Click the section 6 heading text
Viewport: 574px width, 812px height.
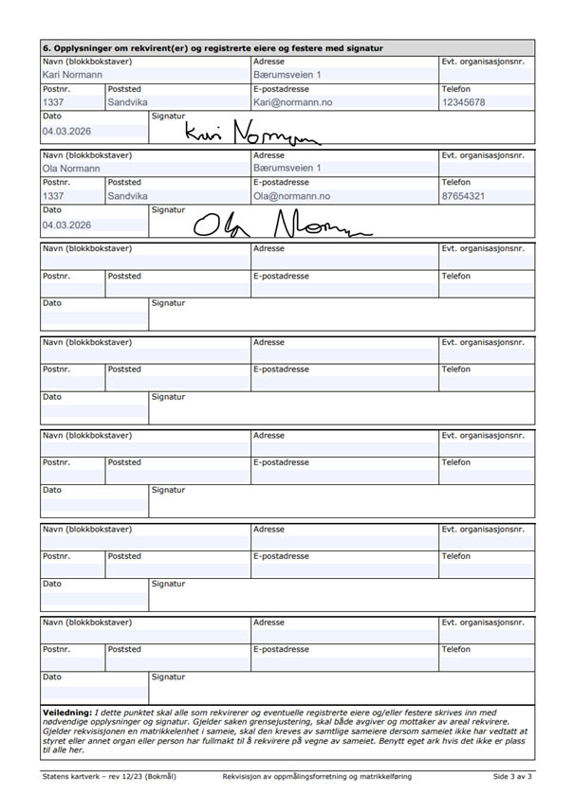213,47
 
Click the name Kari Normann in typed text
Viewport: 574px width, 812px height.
73,74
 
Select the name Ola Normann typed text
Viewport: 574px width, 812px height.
72,169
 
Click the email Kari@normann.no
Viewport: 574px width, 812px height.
292,102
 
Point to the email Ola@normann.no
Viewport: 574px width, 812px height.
291,196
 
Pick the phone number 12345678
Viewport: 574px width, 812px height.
464,102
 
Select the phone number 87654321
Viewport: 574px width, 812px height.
464,196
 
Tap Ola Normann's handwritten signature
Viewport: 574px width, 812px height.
280,225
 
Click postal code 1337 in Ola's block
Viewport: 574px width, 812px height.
53,196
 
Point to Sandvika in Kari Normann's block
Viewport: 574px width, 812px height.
127,102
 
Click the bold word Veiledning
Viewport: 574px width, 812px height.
67,712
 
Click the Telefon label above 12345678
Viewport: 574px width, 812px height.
456,88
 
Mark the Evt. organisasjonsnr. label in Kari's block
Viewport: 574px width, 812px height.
483,61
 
